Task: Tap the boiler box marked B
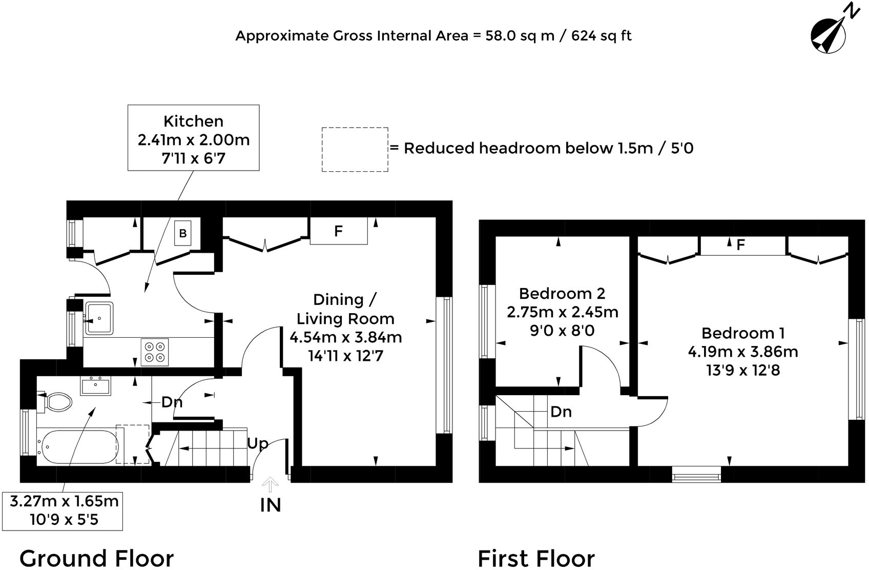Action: pyautogui.click(x=183, y=233)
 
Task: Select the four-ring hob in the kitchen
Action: pyautogui.click(x=154, y=352)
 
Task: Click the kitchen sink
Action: pyautogui.click(x=99, y=318)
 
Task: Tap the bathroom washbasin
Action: pyautogui.click(x=95, y=385)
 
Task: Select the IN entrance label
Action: pyautogui.click(x=271, y=505)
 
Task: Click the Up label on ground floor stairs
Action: pyautogui.click(x=258, y=443)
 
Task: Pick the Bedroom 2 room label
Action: pyautogui.click(x=562, y=293)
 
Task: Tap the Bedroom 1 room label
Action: pyautogui.click(x=743, y=333)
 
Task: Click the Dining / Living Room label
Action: pyautogui.click(x=345, y=309)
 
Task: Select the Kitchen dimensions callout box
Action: pyautogui.click(x=194, y=138)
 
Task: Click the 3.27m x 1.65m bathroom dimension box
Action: pyautogui.click(x=63, y=511)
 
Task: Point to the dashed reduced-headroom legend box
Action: pyautogui.click(x=355, y=149)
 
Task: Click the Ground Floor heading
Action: pyautogui.click(x=97, y=558)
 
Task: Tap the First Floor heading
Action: pyautogui.click(x=536, y=558)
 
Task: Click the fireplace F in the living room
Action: pyautogui.click(x=338, y=231)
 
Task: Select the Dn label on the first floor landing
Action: pyautogui.click(x=561, y=412)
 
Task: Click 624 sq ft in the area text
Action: pyautogui.click(x=602, y=36)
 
